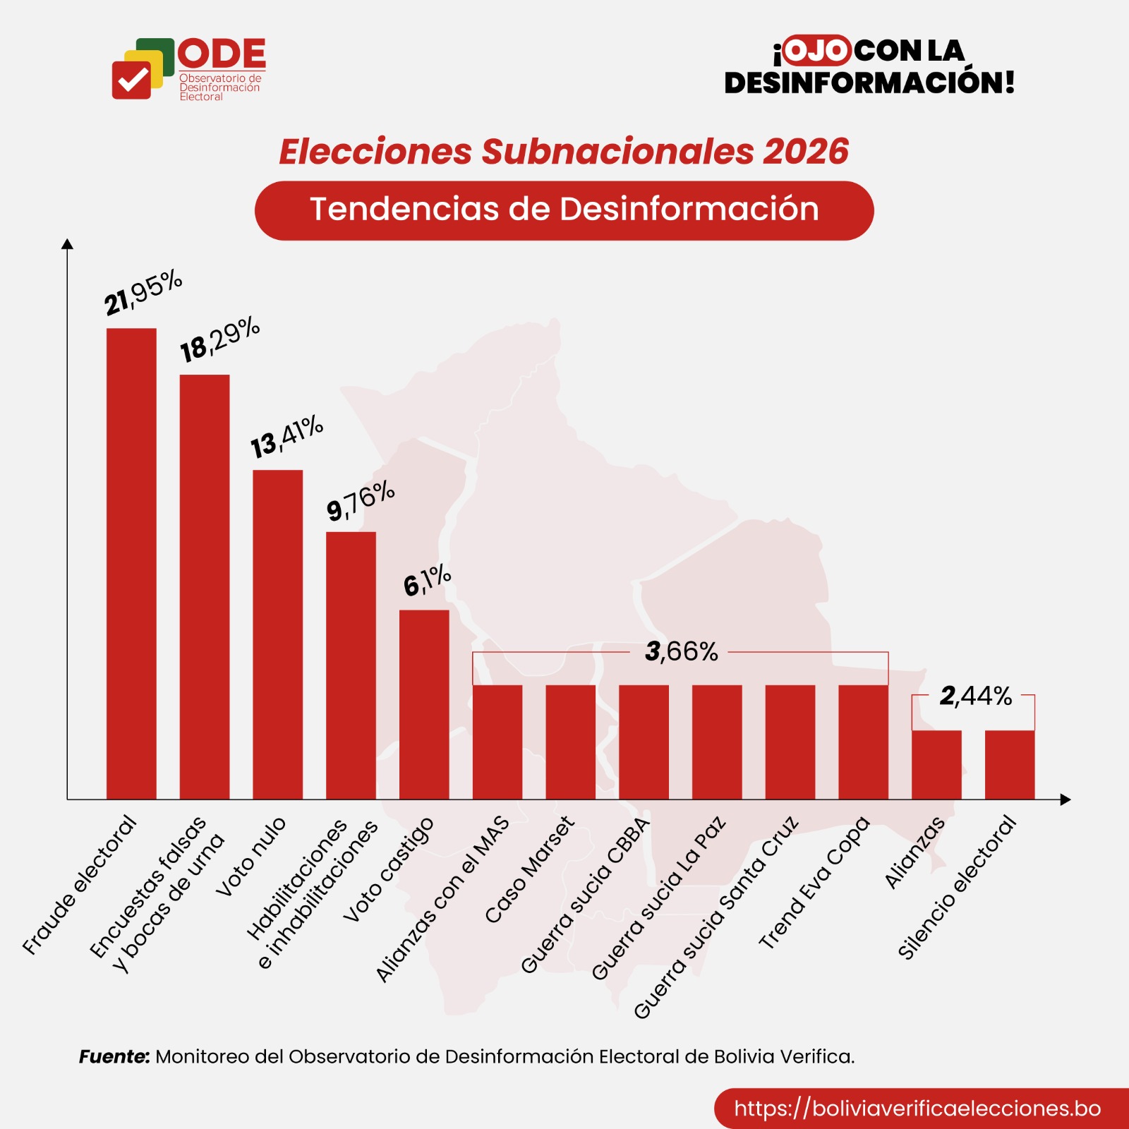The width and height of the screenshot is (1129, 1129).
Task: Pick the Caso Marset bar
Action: [x=570, y=742]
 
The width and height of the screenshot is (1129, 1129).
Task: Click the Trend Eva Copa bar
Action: [x=863, y=742]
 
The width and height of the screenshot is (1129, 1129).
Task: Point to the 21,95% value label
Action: [x=143, y=292]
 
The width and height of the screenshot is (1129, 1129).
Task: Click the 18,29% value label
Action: [x=220, y=339]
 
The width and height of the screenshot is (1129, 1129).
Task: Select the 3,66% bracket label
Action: [x=681, y=652]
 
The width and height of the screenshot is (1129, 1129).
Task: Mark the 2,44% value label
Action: [x=975, y=696]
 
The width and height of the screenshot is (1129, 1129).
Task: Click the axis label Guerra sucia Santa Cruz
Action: [x=716, y=918]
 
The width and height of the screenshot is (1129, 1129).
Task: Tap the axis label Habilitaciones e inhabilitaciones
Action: [x=310, y=893]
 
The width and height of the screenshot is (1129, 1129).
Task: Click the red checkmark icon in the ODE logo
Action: [x=131, y=80]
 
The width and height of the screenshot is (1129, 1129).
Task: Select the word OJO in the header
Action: [x=816, y=51]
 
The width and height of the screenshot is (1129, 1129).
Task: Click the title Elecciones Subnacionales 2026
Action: [x=564, y=152]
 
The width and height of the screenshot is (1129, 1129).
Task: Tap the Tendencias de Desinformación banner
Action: [x=564, y=210]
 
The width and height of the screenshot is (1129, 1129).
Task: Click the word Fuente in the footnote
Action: [x=114, y=1056]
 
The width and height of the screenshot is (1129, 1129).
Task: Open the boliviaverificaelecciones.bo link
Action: [x=917, y=1108]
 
